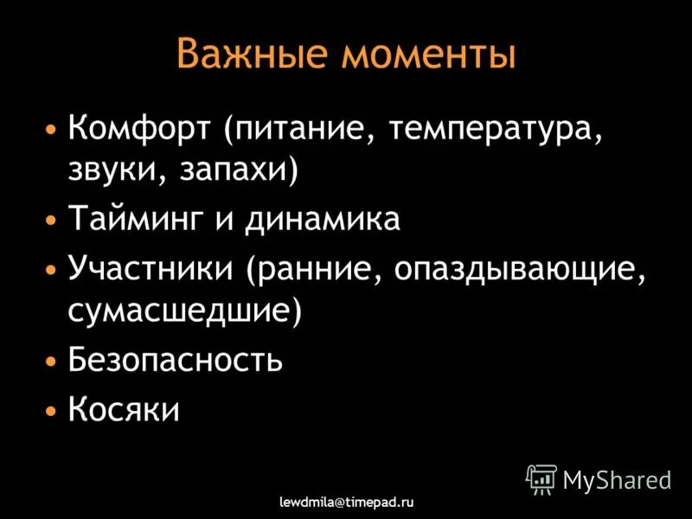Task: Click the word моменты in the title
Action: click(x=429, y=54)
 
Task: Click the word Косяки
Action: click(x=124, y=408)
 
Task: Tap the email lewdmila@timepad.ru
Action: click(x=346, y=501)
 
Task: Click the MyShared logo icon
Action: click(x=541, y=478)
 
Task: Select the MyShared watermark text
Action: click(x=617, y=479)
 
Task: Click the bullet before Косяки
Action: click(x=53, y=409)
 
